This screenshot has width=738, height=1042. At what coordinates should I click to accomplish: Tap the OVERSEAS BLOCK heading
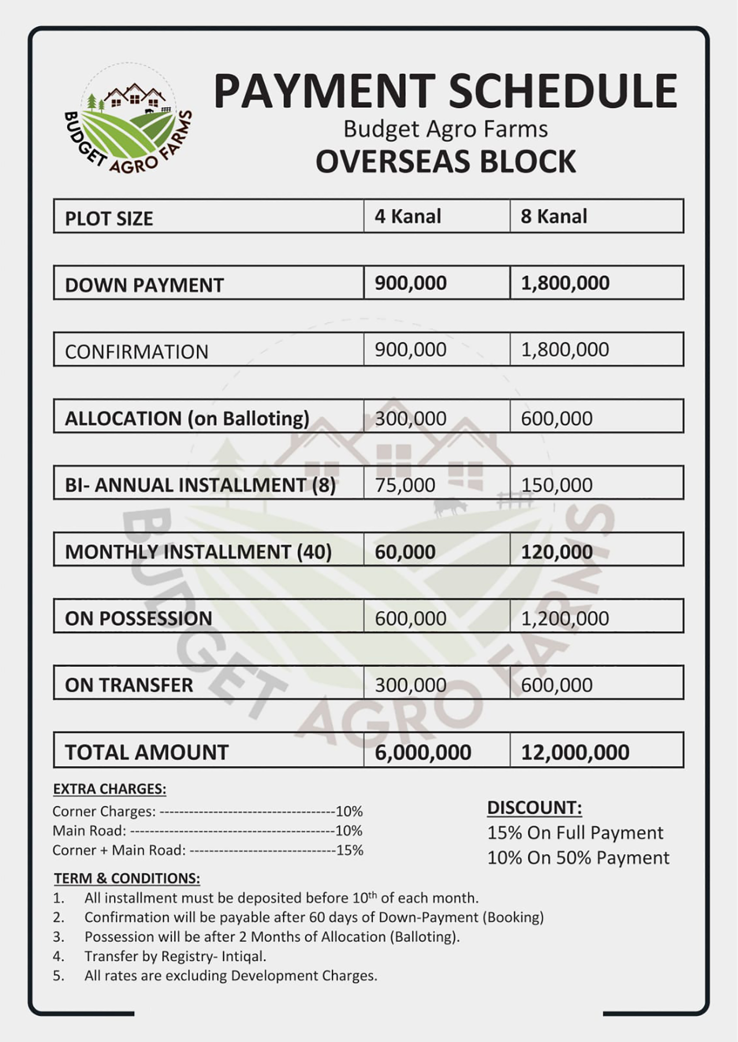pos(445,162)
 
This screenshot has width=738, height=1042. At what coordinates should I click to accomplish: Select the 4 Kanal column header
pos(408,216)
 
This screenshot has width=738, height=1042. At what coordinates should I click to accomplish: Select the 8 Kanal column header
pos(554,216)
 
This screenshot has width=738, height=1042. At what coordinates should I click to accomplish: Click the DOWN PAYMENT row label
pos(144,285)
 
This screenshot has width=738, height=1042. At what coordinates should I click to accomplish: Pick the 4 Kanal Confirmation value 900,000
pos(410,350)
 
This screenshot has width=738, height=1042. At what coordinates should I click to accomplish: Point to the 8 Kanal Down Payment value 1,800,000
pos(565,283)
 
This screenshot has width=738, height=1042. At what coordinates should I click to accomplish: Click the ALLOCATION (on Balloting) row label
pos(187,418)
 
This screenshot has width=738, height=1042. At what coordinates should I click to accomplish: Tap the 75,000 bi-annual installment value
pos(405,485)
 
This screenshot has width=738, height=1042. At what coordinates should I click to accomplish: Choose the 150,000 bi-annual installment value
pos(556,485)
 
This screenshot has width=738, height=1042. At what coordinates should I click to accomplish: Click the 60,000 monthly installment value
pos(405,552)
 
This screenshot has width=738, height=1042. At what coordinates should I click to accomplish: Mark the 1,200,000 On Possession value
pos(565,618)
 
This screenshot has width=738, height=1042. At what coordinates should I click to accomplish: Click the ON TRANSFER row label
pos(129,685)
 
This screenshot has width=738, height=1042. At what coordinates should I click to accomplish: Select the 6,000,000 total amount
pos(423,752)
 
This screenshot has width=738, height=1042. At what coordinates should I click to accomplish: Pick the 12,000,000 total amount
pos(575,752)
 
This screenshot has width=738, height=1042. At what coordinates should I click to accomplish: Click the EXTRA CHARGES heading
pos(109,789)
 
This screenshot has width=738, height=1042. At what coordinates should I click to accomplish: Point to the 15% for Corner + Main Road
pos(350,850)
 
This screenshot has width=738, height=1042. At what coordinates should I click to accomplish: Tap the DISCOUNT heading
pos(534,808)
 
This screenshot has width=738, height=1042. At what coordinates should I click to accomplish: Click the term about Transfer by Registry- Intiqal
pos(175,956)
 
